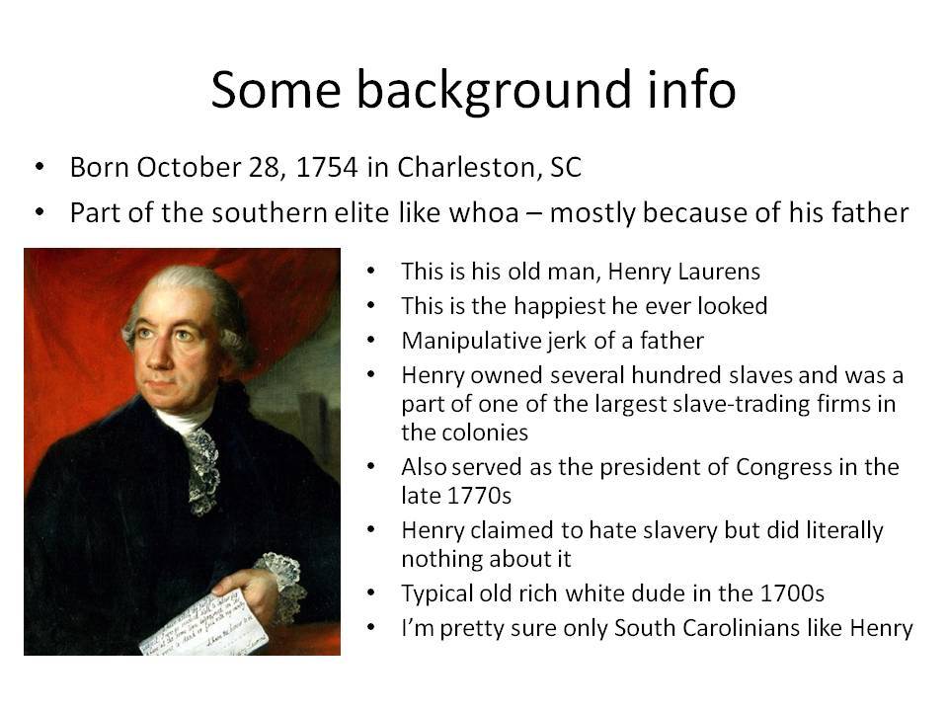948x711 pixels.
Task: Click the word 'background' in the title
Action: tap(485, 91)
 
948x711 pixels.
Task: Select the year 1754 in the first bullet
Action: tap(327, 168)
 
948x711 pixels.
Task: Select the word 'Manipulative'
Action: tap(472, 341)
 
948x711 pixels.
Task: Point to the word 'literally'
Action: tap(844, 531)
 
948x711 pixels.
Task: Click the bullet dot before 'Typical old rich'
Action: tap(371, 593)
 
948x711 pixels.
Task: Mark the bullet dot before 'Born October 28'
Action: tap(39, 166)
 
